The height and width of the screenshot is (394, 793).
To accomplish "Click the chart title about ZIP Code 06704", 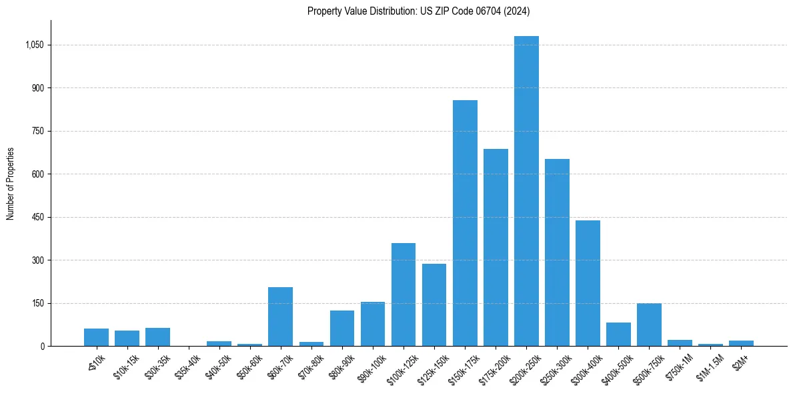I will (x=418, y=11).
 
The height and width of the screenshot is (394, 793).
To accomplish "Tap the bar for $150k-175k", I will (x=465, y=223).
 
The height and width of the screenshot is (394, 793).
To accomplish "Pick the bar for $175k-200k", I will (x=496, y=247).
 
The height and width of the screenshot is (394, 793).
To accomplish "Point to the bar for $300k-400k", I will (x=588, y=283).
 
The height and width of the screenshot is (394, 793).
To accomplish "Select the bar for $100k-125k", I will (x=404, y=294).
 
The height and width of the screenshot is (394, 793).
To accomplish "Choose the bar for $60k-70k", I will (x=280, y=317).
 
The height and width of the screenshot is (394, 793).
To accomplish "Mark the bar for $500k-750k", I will (x=649, y=325).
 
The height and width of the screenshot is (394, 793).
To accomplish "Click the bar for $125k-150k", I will (x=434, y=305).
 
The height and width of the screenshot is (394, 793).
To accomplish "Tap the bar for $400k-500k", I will (x=618, y=334).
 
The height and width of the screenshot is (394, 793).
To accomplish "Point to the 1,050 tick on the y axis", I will (x=34, y=45).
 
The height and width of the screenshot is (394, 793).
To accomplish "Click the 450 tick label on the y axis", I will (x=37, y=218).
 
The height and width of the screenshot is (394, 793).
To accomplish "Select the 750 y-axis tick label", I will (x=37, y=132).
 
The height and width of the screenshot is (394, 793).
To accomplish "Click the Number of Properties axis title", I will (x=11, y=184).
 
